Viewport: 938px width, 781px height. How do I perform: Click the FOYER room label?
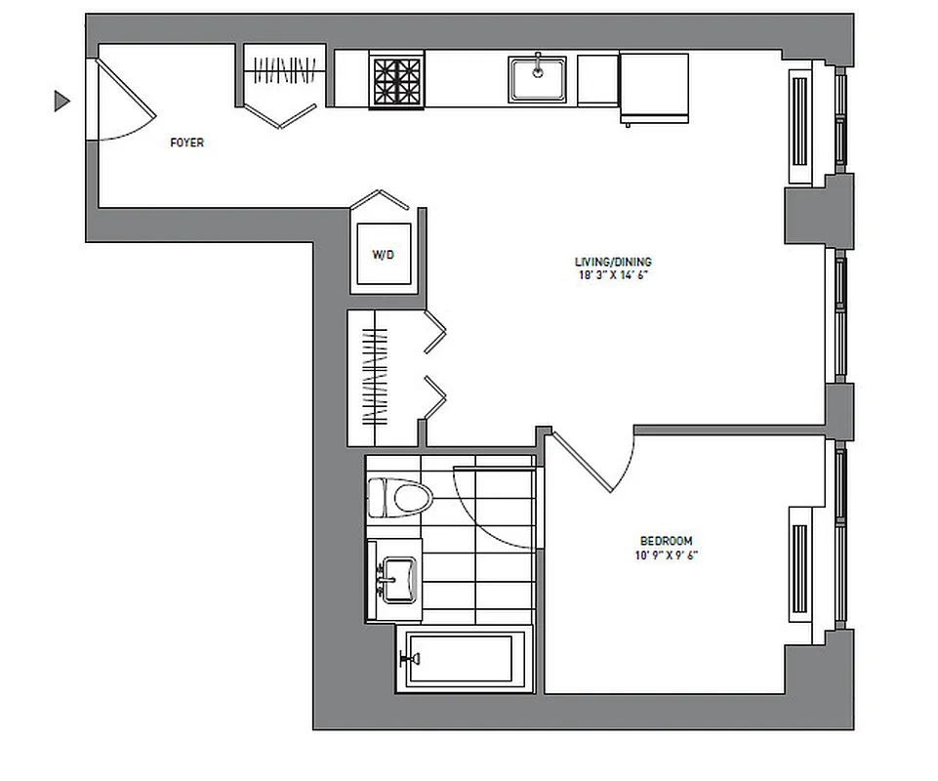(186, 143)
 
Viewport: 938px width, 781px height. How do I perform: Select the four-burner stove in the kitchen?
(397, 79)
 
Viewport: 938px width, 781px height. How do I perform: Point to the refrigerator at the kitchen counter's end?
(654, 88)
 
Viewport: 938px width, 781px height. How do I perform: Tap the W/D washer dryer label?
(383, 255)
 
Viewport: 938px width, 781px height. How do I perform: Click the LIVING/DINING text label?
(613, 262)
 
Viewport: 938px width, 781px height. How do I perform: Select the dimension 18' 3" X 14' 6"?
(613, 276)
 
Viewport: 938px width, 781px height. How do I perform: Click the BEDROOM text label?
(666, 541)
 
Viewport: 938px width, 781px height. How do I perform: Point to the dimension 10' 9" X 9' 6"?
(666, 555)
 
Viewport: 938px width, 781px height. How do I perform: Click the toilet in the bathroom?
(403, 496)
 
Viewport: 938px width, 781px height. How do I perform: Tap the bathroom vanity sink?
(398, 578)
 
